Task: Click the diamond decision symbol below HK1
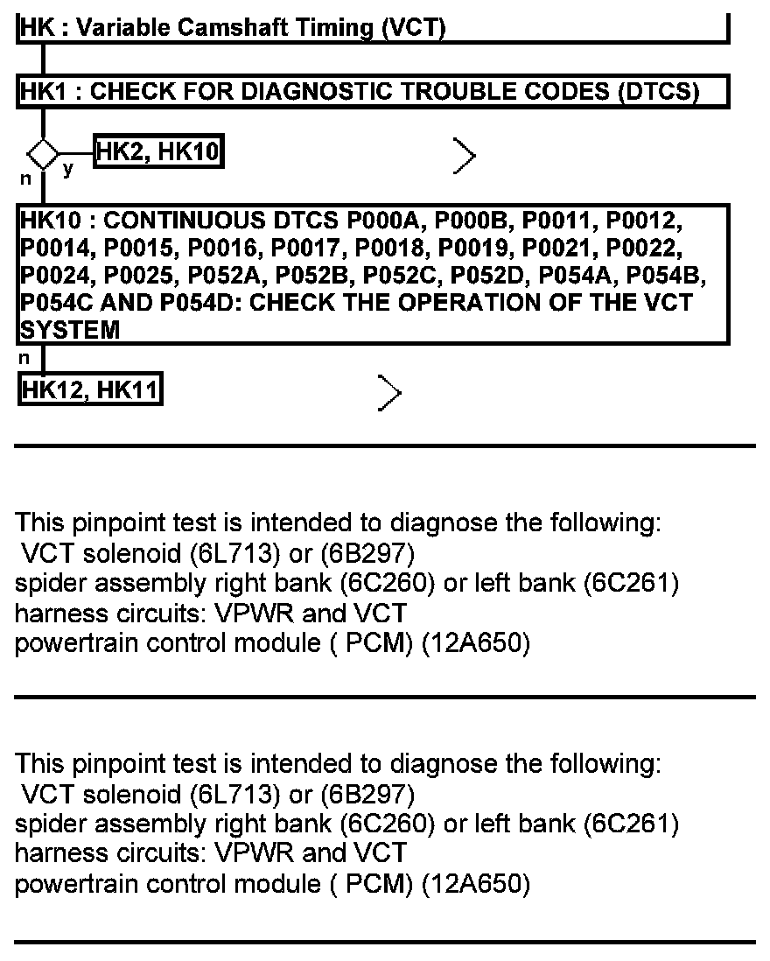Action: click(42, 155)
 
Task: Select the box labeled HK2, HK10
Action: click(157, 153)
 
